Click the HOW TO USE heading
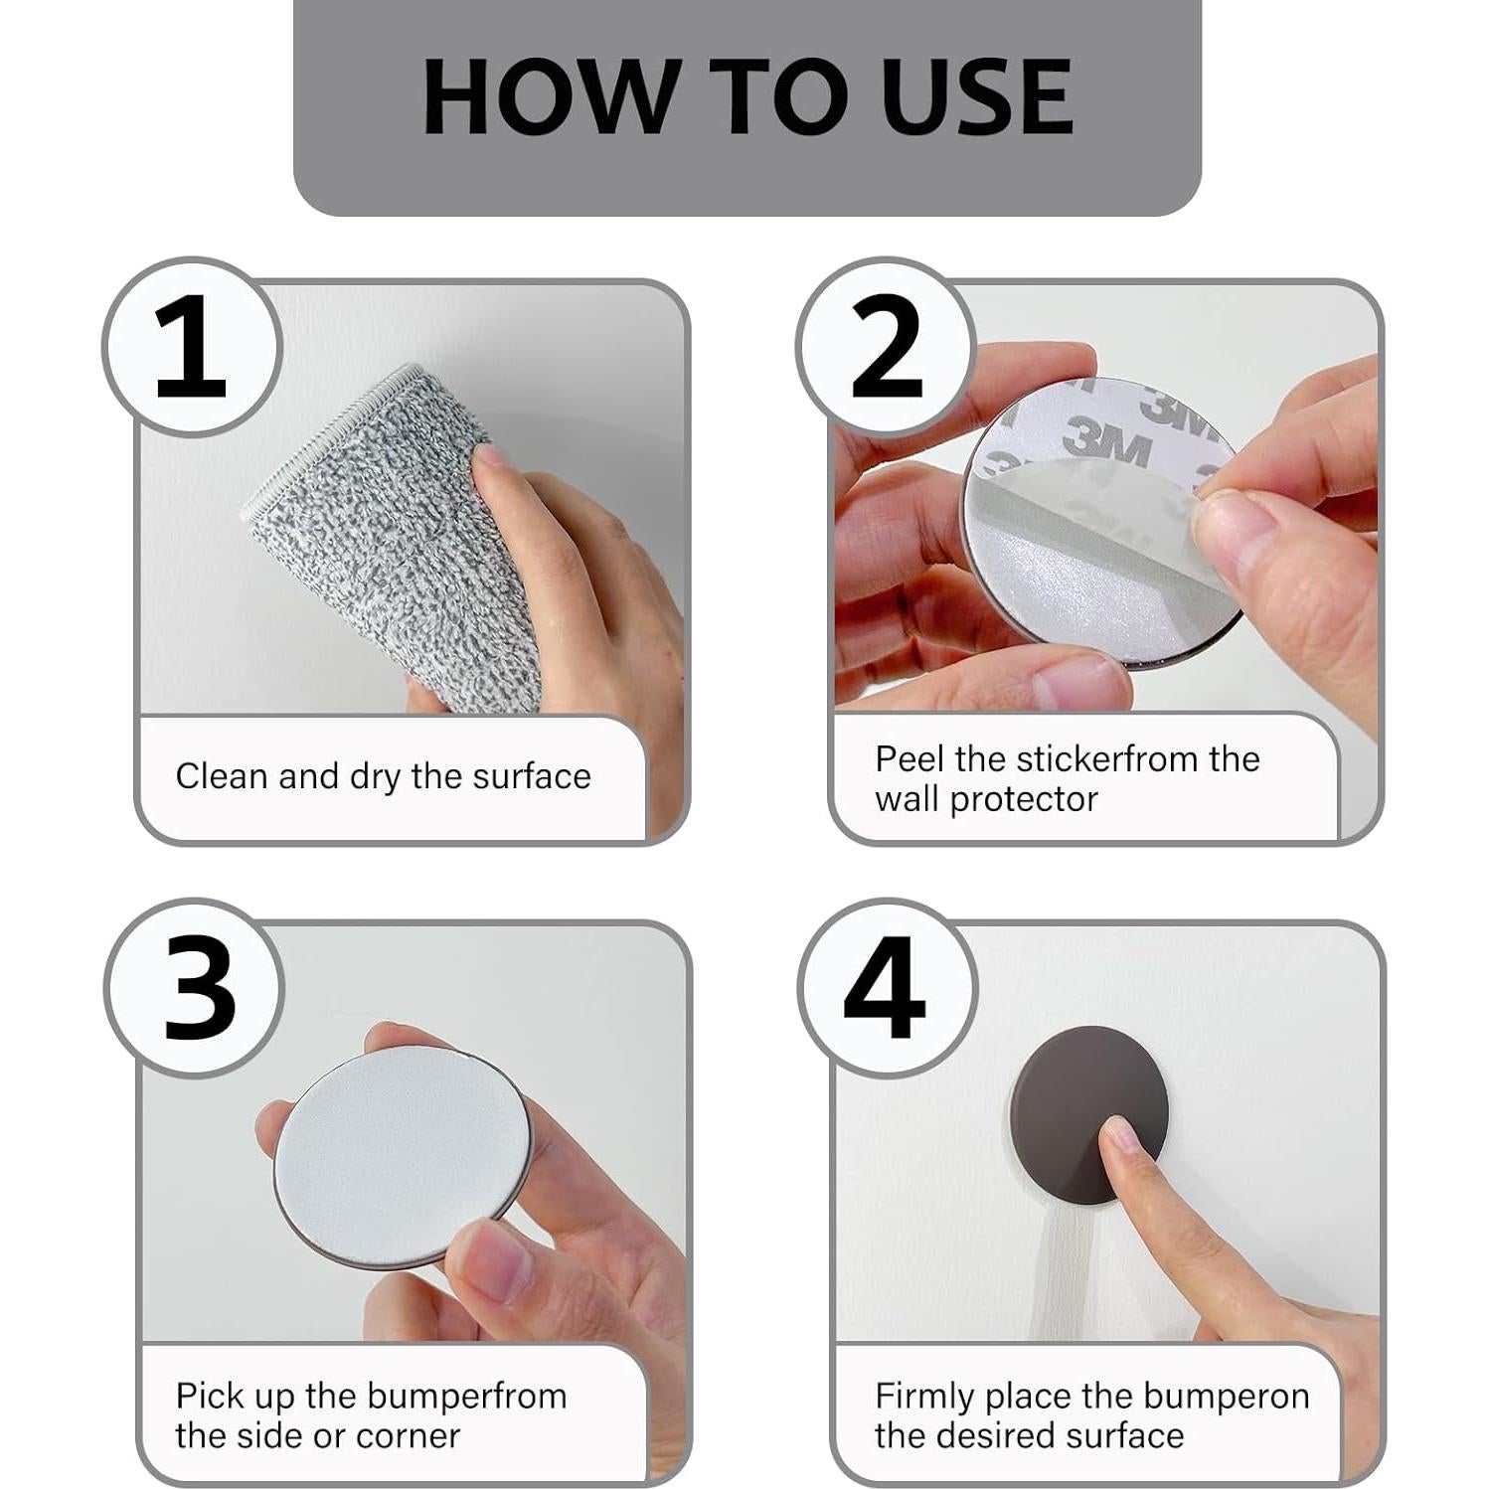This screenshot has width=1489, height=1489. point(747,96)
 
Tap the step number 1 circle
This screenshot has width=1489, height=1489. point(192,346)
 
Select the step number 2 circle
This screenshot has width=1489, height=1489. point(886,346)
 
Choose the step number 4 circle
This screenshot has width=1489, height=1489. point(887,988)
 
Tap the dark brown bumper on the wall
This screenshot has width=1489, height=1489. point(1089,1104)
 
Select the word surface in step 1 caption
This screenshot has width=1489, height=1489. point(532,776)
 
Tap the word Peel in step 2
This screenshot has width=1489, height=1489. point(910,759)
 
